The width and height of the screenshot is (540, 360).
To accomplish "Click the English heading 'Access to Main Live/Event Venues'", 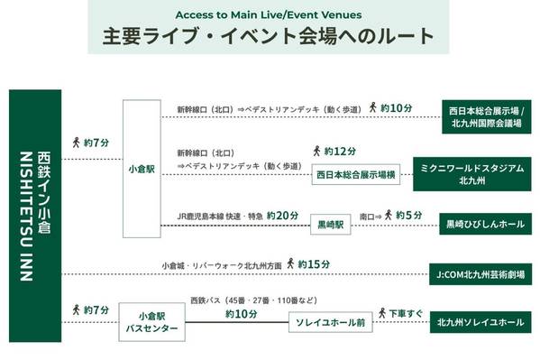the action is (x=269, y=14).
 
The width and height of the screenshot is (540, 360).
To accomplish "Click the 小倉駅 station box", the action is (x=142, y=169).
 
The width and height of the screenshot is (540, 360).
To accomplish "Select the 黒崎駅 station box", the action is (x=331, y=225).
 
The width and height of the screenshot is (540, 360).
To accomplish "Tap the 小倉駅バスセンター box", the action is (x=151, y=322).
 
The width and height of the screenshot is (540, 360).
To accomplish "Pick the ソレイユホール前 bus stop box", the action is (x=331, y=322).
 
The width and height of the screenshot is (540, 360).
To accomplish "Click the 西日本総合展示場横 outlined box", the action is (x=356, y=174).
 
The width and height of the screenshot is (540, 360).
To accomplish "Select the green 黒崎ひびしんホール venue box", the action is (x=486, y=224).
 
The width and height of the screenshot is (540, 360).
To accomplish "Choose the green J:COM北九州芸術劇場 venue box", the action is (x=481, y=274).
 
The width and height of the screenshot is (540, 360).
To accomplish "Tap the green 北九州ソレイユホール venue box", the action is (x=481, y=322).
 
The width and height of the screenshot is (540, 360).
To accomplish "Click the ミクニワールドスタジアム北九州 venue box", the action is (x=472, y=174).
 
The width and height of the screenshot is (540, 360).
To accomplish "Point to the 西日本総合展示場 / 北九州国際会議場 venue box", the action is (x=487, y=117).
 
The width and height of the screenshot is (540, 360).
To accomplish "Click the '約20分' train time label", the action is (x=282, y=216).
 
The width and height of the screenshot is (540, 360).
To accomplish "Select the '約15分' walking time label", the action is (x=314, y=264).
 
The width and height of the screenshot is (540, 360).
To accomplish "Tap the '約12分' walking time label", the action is (x=340, y=152).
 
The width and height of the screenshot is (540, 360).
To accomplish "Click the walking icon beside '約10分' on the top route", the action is (x=372, y=107).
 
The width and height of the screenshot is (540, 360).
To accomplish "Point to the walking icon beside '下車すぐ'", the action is (x=382, y=313).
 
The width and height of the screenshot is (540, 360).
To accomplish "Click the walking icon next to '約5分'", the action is (x=389, y=215).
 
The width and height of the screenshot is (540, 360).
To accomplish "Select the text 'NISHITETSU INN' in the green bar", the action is (x=26, y=217).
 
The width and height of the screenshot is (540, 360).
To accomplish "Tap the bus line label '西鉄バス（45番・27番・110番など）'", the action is (x=254, y=300).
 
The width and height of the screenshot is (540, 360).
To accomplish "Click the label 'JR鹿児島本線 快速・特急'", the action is (x=220, y=217).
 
